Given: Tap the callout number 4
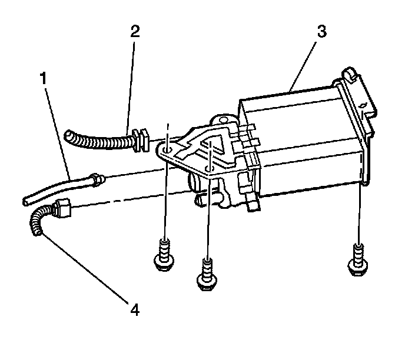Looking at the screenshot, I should coord(135,308).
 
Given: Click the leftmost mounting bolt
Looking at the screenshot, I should coord(164,254).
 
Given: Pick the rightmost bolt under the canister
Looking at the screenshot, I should coord(357,256).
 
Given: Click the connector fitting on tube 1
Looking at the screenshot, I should coord(97,178).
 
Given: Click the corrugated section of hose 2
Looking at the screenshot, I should coord(100,141).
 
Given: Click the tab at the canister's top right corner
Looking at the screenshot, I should coord(350,74).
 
